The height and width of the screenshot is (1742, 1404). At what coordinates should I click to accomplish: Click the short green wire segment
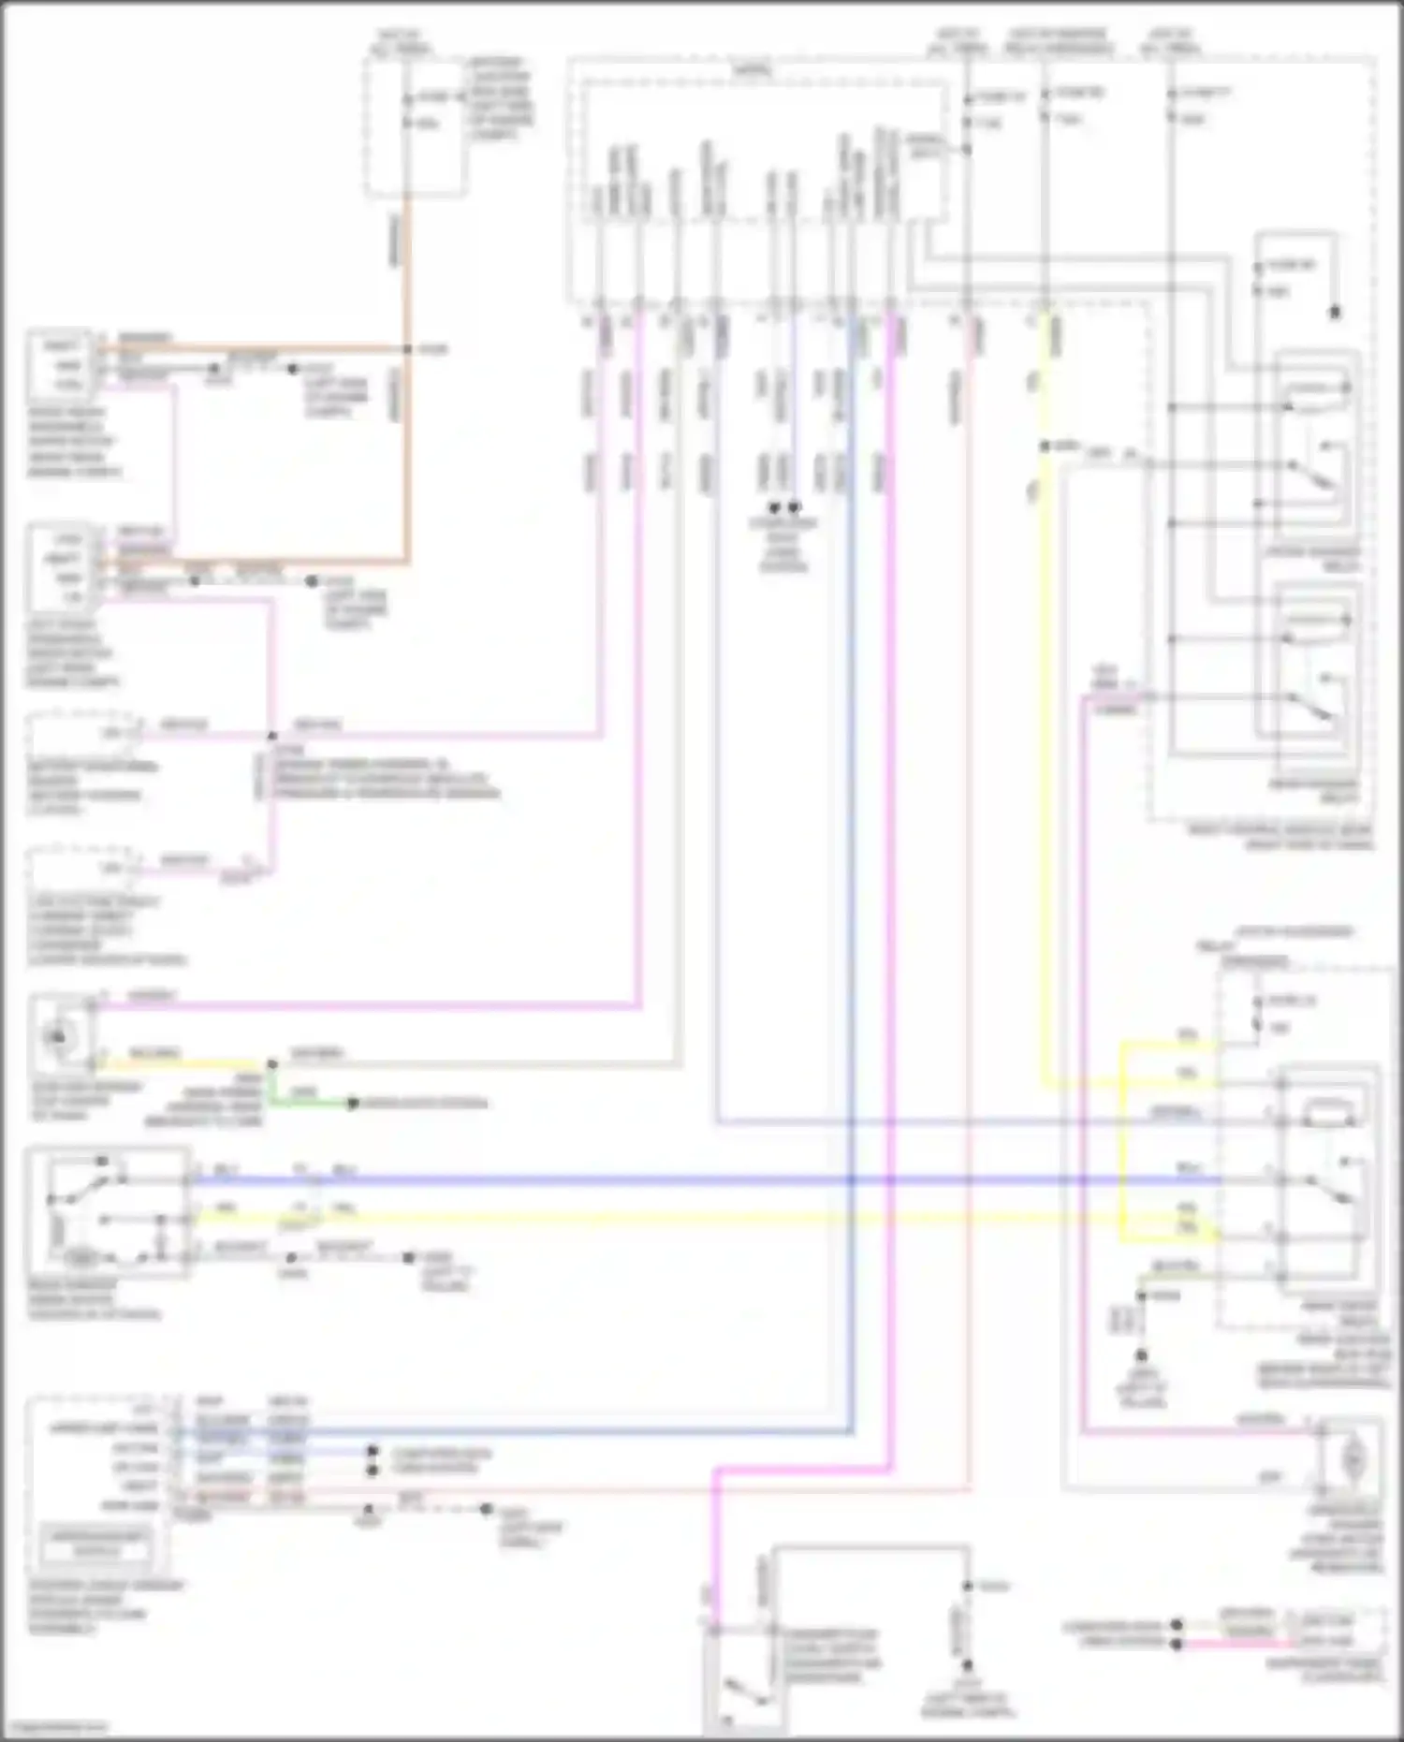[x=309, y=1103]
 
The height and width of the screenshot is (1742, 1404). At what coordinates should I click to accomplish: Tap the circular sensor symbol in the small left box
[x=59, y=1036]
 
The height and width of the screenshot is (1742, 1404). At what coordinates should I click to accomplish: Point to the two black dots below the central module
[x=783, y=507]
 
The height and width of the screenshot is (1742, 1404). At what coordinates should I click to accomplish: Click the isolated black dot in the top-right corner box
[x=1335, y=313]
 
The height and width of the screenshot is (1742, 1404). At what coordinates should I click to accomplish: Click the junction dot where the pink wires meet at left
[x=273, y=736]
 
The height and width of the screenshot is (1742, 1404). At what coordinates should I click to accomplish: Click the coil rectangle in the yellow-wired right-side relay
[x=1329, y=1114]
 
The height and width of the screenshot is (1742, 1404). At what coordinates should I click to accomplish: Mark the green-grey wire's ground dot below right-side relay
[x=1141, y=1354]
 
